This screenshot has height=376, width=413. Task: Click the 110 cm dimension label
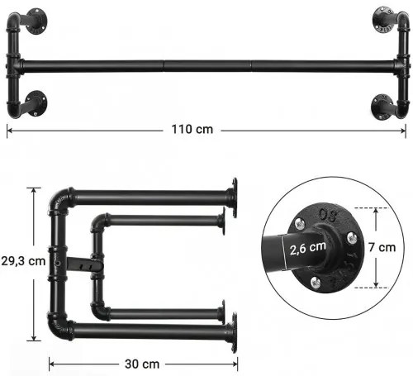pyautogui.click(x=192, y=129)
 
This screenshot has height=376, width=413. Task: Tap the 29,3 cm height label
pyautogui.click(x=23, y=261)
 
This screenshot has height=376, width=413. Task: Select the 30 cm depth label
pyautogui.click(x=142, y=364)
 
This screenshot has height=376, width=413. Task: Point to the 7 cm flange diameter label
pyautogui.click(x=382, y=247)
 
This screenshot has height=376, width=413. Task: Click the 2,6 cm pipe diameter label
pyautogui.click(x=307, y=248)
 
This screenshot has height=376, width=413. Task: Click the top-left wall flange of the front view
pyautogui.click(x=36, y=21)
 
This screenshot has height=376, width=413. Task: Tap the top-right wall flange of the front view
pyautogui.click(x=383, y=19)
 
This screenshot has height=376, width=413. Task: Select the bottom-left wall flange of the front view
pyautogui.click(x=36, y=103)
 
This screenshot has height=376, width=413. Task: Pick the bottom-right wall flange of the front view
pyautogui.click(x=382, y=107)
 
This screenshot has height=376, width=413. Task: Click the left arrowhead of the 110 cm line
pyautogui.click(x=9, y=131)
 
